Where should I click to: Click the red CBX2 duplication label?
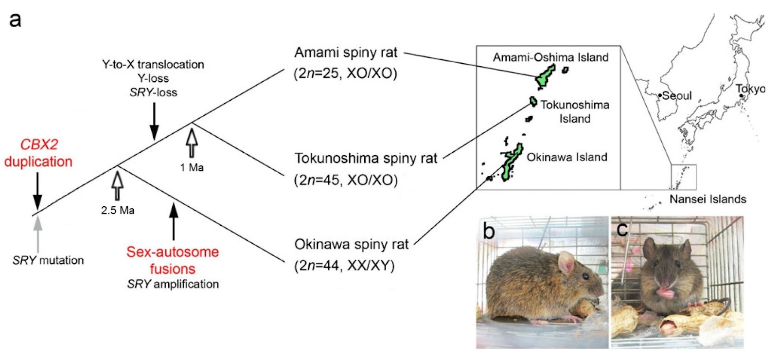38,153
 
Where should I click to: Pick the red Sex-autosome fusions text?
173,260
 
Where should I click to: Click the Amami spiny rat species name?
346,53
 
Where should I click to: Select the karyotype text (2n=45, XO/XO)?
346,180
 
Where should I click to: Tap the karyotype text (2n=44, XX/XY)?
344,266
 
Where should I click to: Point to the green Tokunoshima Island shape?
533,102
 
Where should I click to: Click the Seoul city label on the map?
676,95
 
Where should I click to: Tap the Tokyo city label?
750,89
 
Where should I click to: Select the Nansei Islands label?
707,199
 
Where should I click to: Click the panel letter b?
488,231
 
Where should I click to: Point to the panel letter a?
15,20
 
